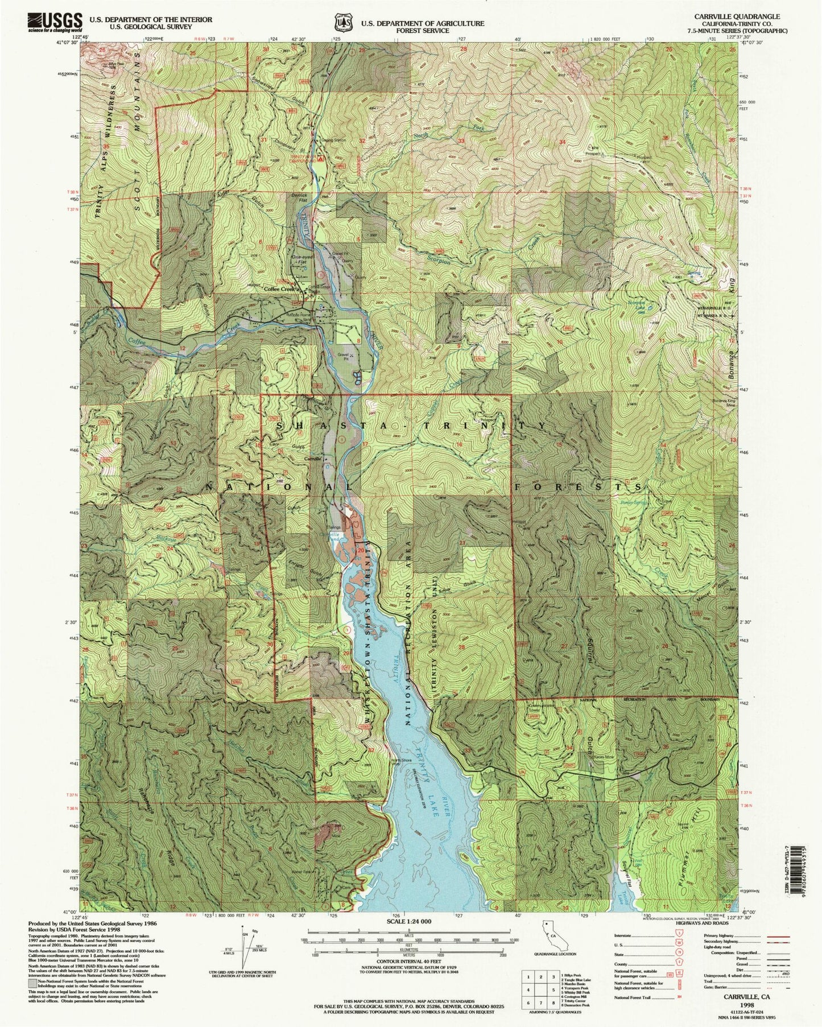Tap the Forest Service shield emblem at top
[343, 22]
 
